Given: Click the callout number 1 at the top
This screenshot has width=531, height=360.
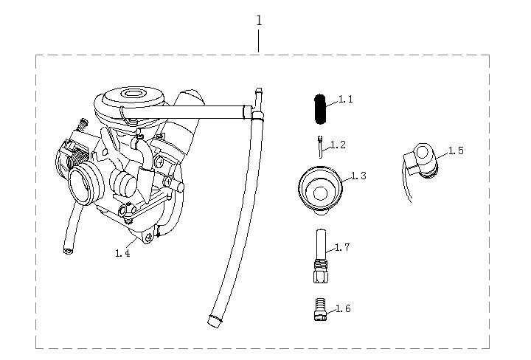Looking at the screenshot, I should click(x=259, y=21).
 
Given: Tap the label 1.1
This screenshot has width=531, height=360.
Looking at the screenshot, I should click(x=346, y=100).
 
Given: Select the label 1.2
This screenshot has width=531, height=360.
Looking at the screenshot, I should click(x=338, y=145).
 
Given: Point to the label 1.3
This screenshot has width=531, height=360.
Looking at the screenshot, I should click(x=359, y=176).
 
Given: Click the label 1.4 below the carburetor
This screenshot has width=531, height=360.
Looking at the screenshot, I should click(x=122, y=253).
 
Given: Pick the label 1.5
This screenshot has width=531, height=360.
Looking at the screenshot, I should click(x=456, y=150).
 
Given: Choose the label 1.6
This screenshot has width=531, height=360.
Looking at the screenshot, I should click(x=343, y=308).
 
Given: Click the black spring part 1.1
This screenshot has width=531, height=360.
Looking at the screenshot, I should click(x=319, y=109).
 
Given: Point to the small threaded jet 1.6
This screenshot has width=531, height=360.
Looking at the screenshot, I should click(x=319, y=308).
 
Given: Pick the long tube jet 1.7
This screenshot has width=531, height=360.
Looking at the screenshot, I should click(x=319, y=255).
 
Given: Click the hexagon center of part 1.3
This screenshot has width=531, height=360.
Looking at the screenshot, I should click(x=319, y=193).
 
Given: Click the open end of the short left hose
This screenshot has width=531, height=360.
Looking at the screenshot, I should click(x=67, y=252).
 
